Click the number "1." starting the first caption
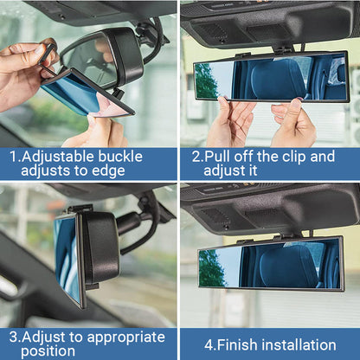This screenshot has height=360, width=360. point(16,157)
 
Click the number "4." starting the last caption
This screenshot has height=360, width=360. point(209,344)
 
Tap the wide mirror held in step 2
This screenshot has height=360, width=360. point(270,77)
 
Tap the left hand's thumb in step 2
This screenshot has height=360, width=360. point(227,110)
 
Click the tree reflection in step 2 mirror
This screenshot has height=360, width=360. point(206,80)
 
